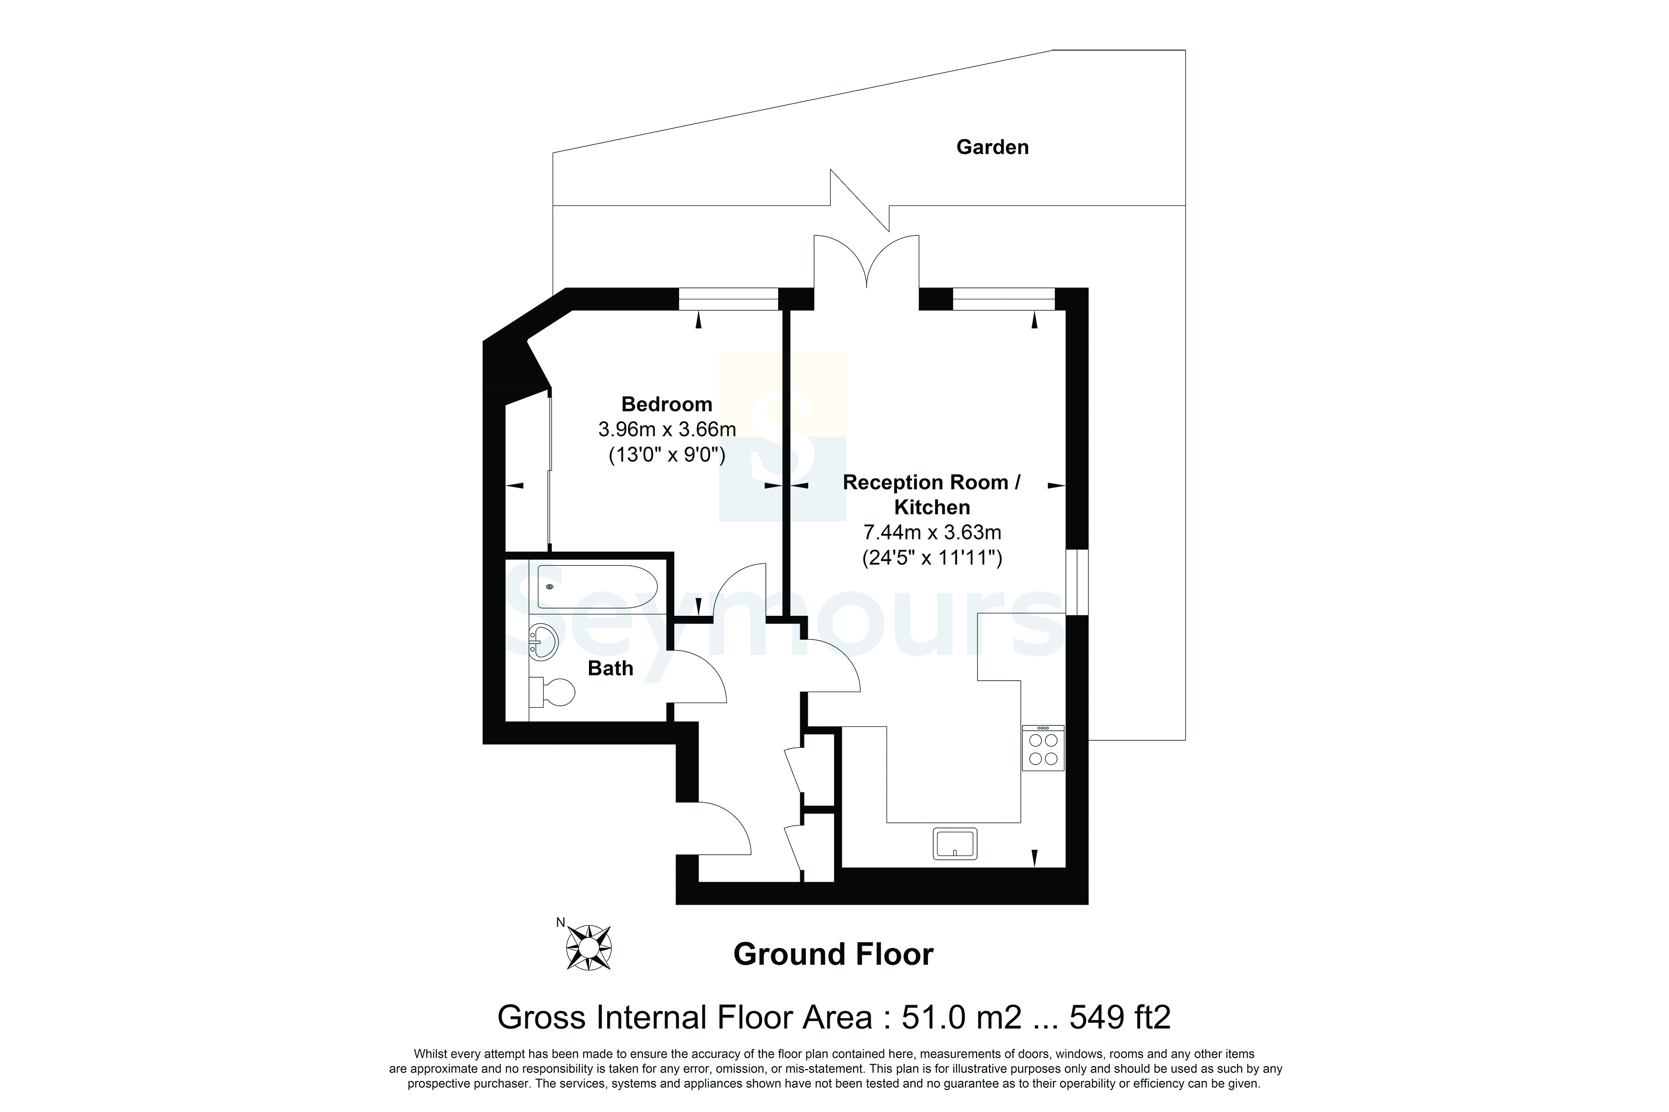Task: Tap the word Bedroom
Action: pos(667,404)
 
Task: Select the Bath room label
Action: pos(611,668)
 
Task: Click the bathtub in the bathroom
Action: pos(597,586)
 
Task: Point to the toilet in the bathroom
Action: pos(553,692)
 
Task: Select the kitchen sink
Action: pos(955,843)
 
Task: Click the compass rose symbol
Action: pos(588,948)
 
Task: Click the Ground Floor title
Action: pos(834,955)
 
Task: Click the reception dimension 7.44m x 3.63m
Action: pos(932,532)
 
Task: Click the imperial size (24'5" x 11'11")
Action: pos(932,558)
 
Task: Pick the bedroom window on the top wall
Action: pos(729,298)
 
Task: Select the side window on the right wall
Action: pos(1077,582)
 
